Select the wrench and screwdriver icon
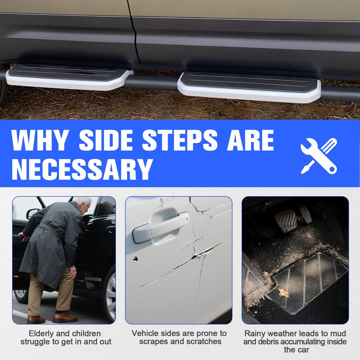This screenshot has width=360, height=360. pos(319,156)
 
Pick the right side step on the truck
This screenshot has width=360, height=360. pos(249,86)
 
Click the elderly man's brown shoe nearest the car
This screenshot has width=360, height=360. pos(65,317)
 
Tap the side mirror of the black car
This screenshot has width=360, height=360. pos(33,213)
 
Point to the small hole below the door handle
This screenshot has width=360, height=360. pos(135,259)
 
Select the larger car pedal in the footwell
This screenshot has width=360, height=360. pos(285,220)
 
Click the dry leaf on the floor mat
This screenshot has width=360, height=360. pos(283,292)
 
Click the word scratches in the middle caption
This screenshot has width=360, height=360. pos(204,341)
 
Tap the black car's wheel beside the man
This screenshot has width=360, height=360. pos(110,292)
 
